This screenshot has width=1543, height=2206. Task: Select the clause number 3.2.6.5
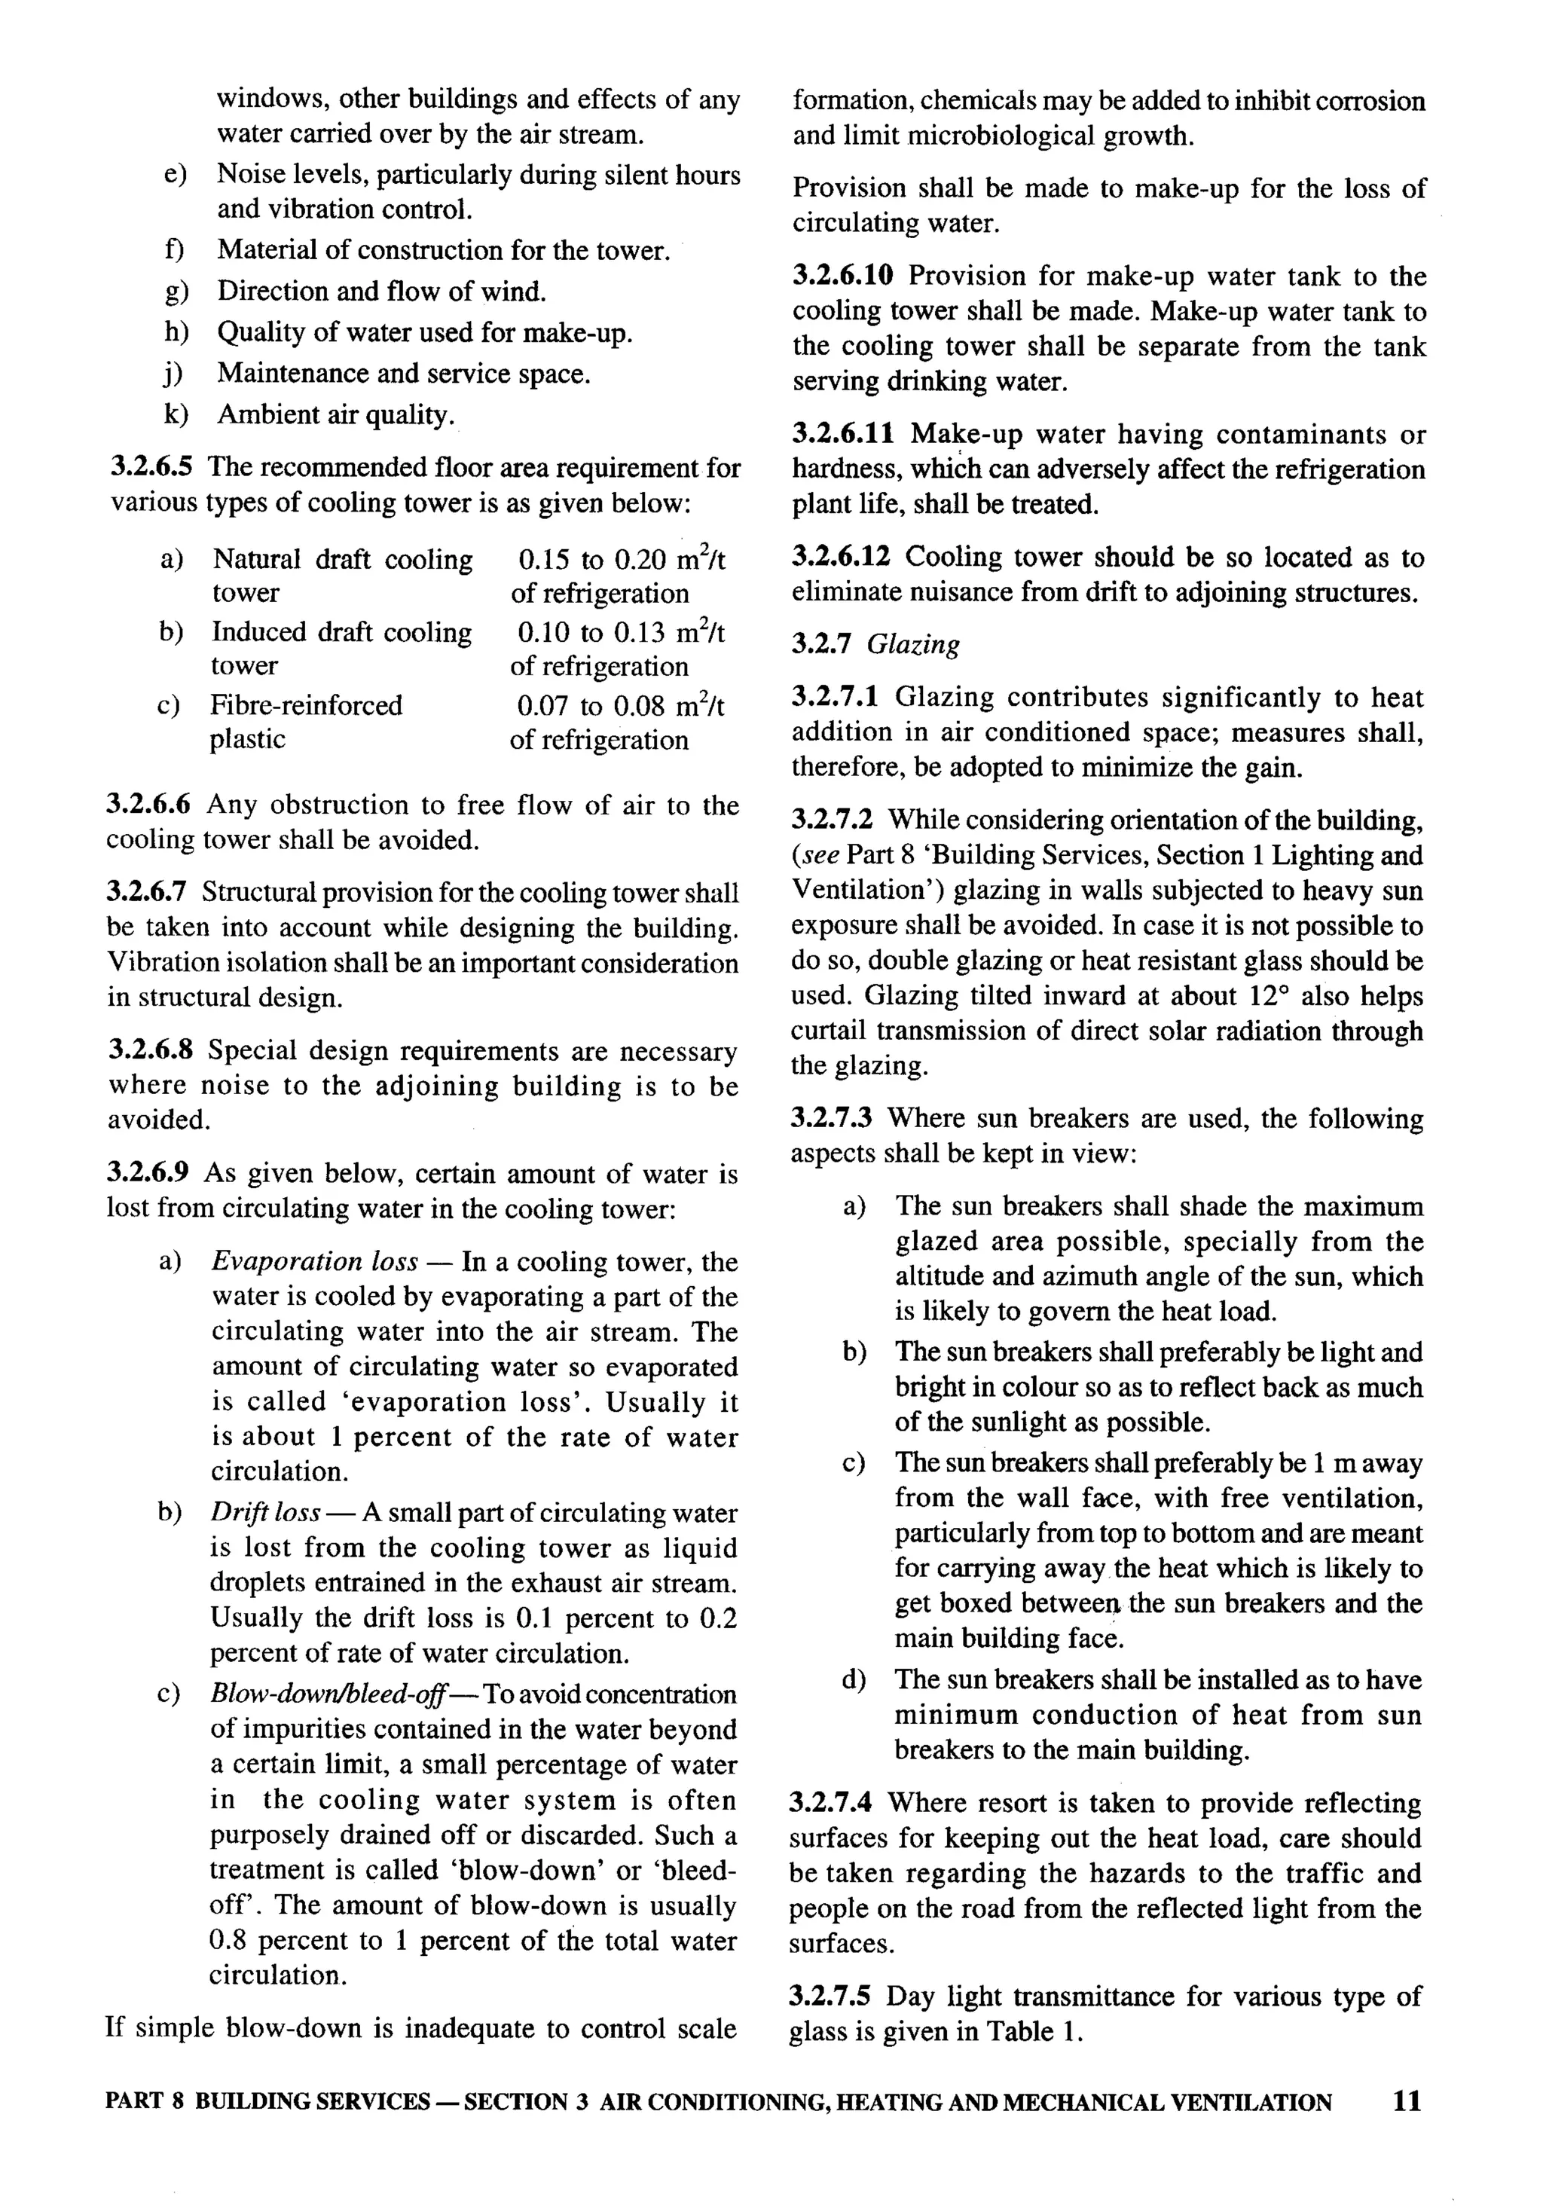click(151, 468)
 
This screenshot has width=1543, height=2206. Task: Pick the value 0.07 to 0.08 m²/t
click(620, 706)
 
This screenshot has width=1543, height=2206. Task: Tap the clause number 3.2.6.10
click(842, 277)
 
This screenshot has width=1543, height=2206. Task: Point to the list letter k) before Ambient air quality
click(175, 415)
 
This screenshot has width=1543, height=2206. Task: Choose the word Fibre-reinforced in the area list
click(307, 705)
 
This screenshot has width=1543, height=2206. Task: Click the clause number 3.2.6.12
click(842, 558)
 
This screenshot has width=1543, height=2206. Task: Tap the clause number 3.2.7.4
click(831, 1804)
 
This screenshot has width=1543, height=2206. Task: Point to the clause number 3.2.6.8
click(151, 1050)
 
